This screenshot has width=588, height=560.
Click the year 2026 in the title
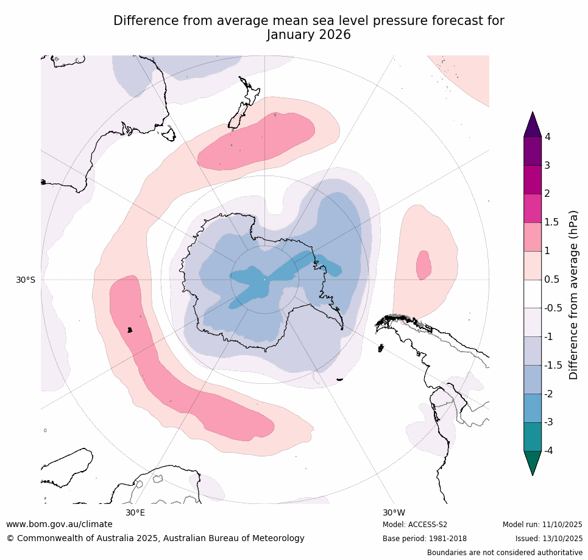335,35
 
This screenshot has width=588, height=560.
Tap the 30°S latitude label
26,280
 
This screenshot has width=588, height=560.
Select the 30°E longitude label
135,512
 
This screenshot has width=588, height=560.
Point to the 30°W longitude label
394,512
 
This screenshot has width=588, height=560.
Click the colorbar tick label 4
547,136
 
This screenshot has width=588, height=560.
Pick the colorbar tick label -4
549,450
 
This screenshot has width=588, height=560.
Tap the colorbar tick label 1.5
551,222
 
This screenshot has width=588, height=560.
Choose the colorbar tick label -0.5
553,308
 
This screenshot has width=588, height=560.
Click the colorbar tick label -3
549,422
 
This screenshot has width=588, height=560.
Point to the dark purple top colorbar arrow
533,124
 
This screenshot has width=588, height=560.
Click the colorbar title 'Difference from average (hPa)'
573,295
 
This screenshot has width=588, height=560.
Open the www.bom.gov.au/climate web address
59,524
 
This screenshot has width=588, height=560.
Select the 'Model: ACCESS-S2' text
415,525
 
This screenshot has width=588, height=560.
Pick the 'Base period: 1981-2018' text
425,539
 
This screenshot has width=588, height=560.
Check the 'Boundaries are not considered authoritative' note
505,553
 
